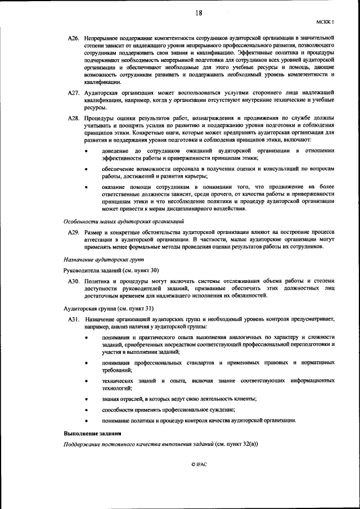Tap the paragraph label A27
click(73, 92)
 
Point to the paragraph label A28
click(73, 118)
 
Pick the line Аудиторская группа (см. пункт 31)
click(99, 309)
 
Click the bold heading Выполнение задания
click(91, 434)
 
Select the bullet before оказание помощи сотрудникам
click(86, 187)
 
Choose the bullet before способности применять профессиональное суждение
click(86, 410)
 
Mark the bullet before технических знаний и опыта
click(86, 382)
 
